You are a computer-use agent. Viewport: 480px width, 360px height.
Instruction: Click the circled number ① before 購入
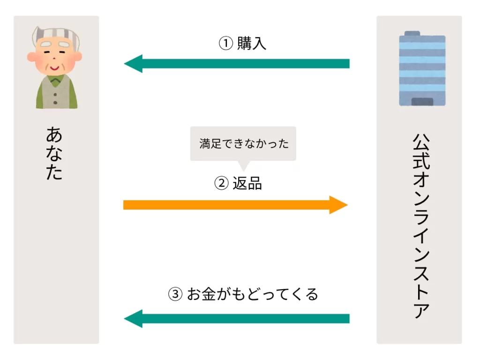pyautogui.click(x=226, y=44)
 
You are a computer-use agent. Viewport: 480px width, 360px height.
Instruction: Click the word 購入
pyautogui.click(x=252, y=44)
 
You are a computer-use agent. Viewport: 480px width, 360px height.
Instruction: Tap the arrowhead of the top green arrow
pyautogui.click(x=133, y=64)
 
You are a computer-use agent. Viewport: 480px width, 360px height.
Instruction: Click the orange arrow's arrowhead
pyautogui.click(x=338, y=205)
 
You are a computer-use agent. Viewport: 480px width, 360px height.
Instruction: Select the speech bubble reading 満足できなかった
pyautogui.click(x=243, y=143)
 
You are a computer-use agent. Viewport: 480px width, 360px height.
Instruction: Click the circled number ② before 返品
pyautogui.click(x=221, y=183)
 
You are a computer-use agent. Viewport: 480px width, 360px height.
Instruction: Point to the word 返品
pyautogui.click(x=247, y=183)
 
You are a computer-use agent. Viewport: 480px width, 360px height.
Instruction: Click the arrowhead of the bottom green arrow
pyautogui.click(x=133, y=319)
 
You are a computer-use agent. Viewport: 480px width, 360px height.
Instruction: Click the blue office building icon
pyautogui.click(x=422, y=68)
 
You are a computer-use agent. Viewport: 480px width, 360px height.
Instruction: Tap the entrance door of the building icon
pyautogui.click(x=422, y=101)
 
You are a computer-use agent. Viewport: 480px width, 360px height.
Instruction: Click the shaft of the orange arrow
pyautogui.click(x=225, y=205)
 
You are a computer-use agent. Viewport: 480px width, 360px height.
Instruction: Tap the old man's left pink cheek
pyautogui.click(x=33, y=57)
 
